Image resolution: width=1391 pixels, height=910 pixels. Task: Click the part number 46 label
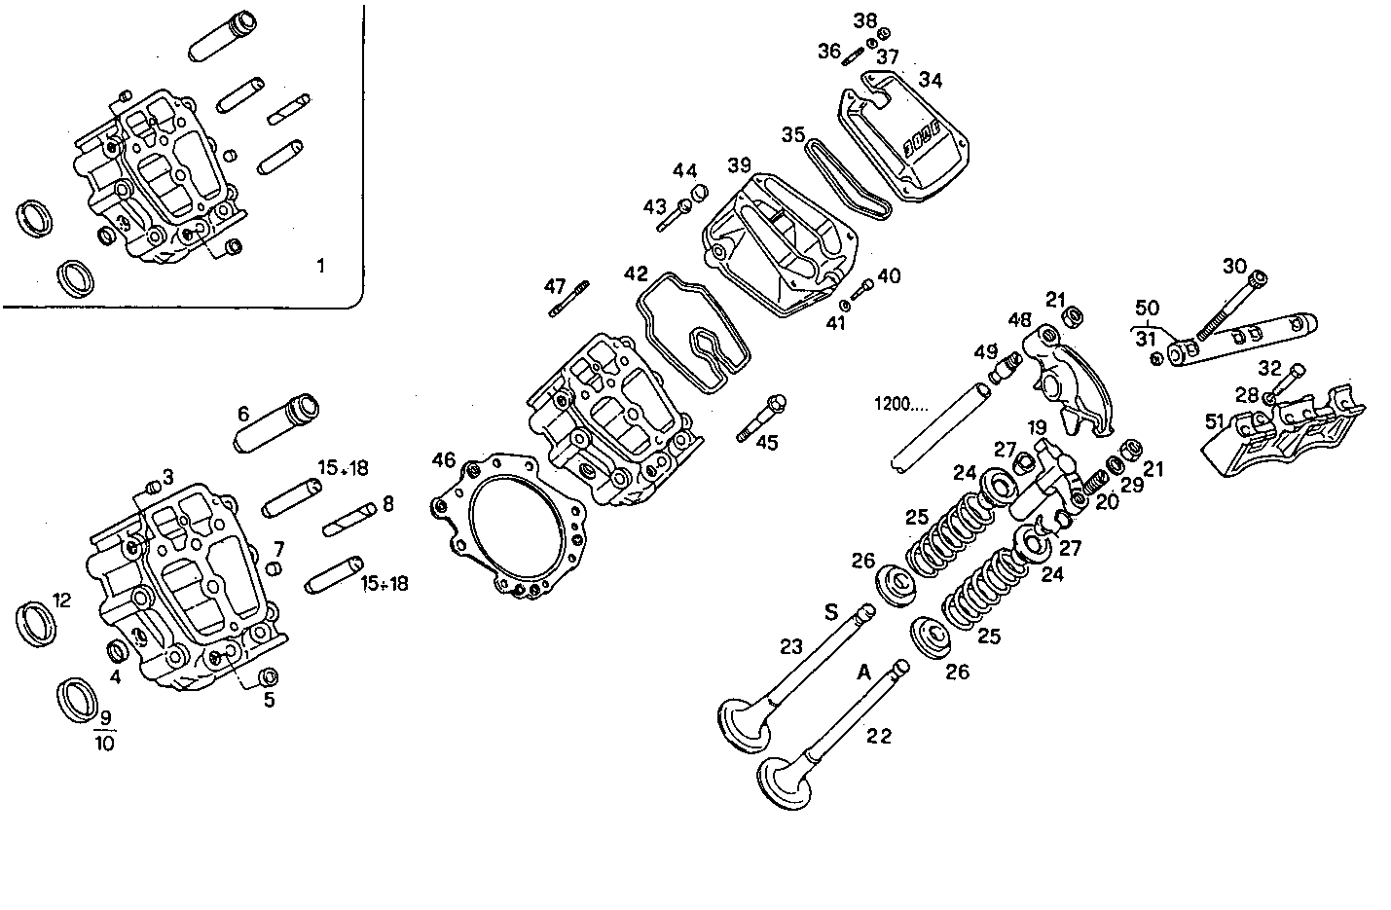point(444,459)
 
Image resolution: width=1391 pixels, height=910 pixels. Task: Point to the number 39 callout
point(739,164)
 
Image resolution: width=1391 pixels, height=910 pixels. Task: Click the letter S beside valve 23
point(830,612)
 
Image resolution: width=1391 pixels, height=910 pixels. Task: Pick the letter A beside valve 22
point(862,672)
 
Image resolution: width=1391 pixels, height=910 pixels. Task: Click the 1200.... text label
point(903,403)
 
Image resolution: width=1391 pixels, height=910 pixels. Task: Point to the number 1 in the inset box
point(322,266)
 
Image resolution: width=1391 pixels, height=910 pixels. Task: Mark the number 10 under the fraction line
point(104,744)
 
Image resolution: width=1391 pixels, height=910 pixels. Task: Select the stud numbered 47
point(569,299)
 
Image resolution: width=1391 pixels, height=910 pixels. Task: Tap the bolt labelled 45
point(761,419)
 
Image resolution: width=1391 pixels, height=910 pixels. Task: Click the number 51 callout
point(1214,421)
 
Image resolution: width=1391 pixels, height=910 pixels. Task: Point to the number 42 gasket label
point(636,273)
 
